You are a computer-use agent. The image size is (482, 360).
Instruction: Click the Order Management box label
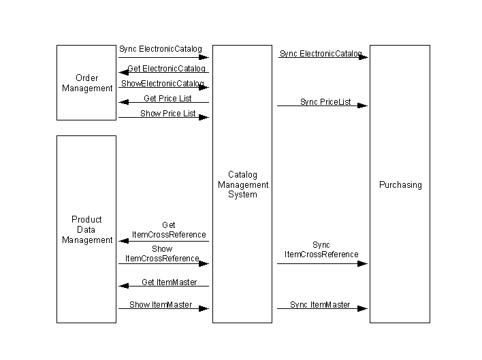[87, 83]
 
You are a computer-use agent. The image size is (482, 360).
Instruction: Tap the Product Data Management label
[87, 229]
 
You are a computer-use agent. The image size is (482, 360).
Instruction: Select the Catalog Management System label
[243, 184]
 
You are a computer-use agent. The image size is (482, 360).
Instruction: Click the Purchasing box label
[400, 184]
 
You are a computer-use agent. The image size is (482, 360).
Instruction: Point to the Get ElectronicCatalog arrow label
[166, 68]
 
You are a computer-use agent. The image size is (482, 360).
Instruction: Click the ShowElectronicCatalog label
[163, 83]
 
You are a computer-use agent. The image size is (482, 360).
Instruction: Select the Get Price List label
[167, 98]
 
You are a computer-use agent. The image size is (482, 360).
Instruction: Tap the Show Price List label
[168, 114]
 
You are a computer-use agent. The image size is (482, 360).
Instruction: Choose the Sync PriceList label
[325, 101]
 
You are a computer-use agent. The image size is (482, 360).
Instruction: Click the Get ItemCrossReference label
[169, 230]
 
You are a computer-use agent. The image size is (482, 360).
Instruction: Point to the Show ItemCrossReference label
[162, 253]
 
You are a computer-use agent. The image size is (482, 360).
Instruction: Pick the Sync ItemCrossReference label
[321, 250]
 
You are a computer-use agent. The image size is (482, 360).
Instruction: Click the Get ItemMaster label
[169, 282]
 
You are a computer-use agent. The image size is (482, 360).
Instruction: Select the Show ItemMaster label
[161, 304]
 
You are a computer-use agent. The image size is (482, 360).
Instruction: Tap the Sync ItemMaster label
[320, 304]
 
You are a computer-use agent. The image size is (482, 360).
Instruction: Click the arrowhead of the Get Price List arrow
[124, 102]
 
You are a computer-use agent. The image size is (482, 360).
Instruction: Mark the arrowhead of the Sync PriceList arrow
[362, 105]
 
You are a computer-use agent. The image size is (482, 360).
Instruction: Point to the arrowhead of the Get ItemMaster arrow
[124, 286]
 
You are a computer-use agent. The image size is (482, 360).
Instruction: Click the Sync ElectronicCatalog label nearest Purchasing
[321, 54]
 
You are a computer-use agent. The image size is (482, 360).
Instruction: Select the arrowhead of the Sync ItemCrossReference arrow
[362, 263]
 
